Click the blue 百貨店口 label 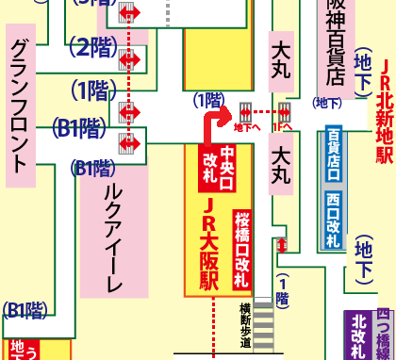coord(333,155)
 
